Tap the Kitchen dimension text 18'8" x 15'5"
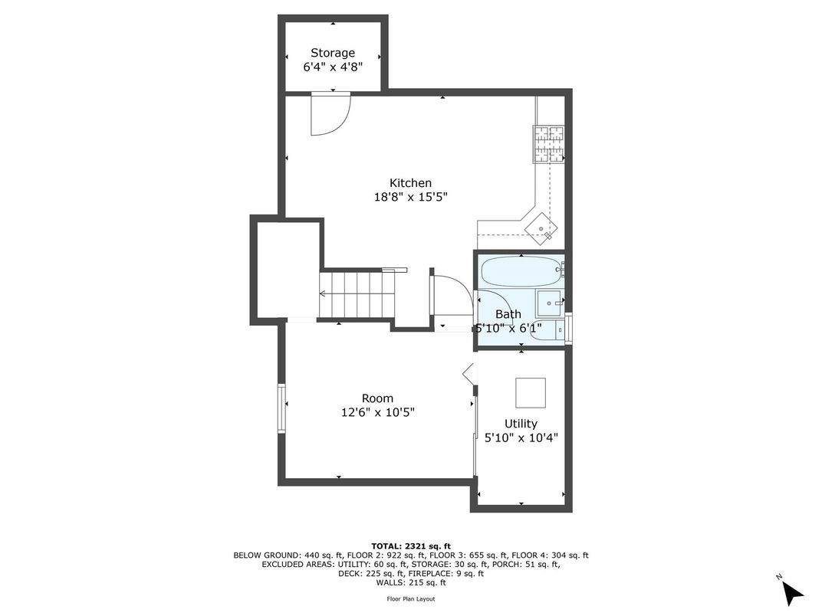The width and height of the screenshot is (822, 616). click(410, 198)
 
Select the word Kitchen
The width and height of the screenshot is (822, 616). click(410, 183)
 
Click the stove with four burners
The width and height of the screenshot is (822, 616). click(549, 144)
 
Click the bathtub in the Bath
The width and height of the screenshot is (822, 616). click(521, 271)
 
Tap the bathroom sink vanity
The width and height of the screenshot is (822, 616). click(549, 303)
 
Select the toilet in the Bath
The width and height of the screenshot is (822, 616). click(547, 330)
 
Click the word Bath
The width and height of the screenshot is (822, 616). click(508, 314)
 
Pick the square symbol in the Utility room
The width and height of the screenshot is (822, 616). click(531, 393)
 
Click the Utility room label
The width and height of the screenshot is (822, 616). click(521, 424)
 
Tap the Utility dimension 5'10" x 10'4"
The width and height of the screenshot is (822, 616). click(521, 438)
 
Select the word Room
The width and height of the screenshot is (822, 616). click(377, 398)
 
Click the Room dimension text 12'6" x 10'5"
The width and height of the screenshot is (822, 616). click(378, 413)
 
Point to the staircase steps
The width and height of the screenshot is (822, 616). click(357, 294)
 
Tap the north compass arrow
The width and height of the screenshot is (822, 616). click(793, 593)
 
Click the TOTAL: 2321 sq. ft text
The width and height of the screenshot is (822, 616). click(411, 546)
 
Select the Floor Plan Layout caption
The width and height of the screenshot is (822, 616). click(411, 598)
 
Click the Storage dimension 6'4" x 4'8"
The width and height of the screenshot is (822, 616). click(333, 67)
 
